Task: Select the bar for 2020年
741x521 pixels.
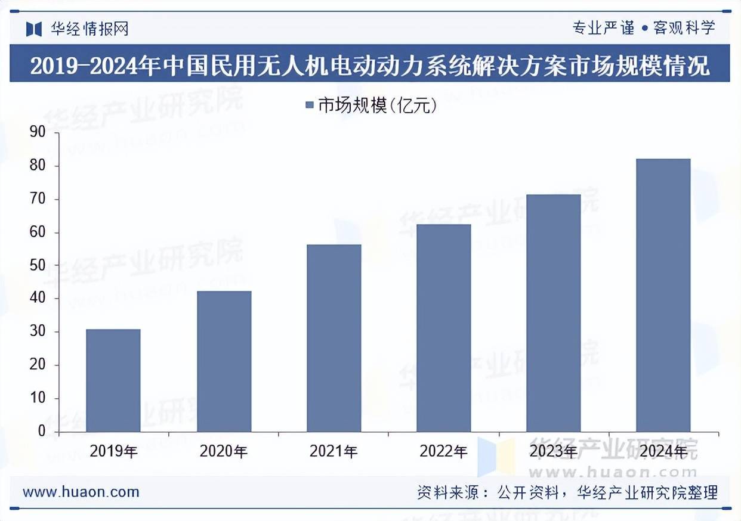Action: [224, 361]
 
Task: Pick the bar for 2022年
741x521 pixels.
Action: [443, 328]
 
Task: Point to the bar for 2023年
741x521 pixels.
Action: [553, 313]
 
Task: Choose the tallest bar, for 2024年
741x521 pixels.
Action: [663, 295]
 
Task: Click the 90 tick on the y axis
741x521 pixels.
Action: [37, 132]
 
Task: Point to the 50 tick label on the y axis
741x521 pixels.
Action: [37, 265]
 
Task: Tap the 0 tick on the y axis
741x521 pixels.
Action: [41, 431]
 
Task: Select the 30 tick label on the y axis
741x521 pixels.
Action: [37, 331]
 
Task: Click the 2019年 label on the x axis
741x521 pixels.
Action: [113, 451]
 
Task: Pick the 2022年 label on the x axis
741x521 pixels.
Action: [443, 451]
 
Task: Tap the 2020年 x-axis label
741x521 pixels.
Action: [224, 451]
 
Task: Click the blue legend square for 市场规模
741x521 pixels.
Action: [309, 106]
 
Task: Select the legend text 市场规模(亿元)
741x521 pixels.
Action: [378, 106]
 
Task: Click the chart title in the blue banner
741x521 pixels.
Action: [370, 65]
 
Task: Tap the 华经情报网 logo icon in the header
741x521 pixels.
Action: [34, 29]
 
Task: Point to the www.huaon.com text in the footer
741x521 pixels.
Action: [81, 492]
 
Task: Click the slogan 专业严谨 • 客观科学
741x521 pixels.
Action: [643, 27]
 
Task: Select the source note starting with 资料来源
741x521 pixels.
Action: [567, 492]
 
